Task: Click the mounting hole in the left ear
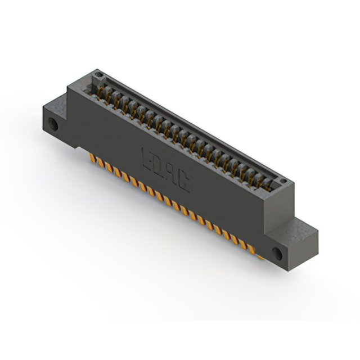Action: [x=55, y=124]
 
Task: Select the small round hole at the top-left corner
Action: [x=98, y=74]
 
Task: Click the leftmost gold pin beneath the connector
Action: [x=94, y=159]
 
